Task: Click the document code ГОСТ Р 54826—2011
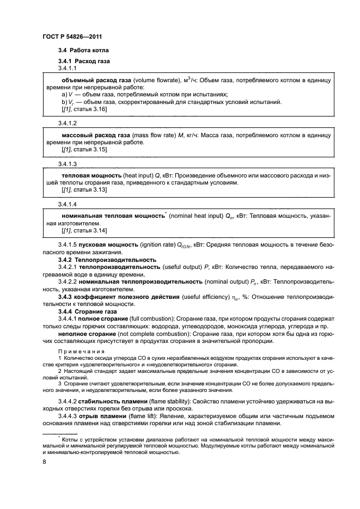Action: pyautogui.click(x=72, y=36)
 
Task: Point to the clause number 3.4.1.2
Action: pyautogui.click(x=68, y=124)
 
